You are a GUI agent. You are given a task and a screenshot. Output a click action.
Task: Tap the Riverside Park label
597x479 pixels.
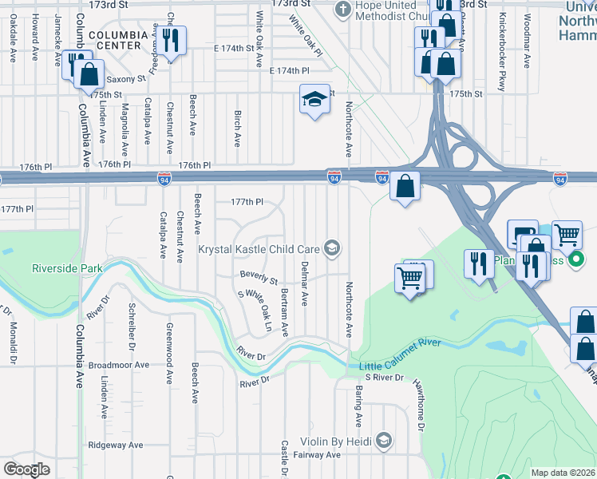pos(67,269)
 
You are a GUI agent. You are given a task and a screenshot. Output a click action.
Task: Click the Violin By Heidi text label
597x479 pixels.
pos(337,441)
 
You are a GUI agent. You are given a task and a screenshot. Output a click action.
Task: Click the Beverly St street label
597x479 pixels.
pos(259,279)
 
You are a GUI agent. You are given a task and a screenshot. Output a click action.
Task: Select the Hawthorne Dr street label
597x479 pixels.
pos(418,405)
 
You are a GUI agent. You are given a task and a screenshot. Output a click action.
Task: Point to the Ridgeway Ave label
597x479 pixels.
pos(116,445)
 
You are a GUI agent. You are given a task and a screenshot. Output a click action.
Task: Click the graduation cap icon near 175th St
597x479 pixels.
pos(314,99)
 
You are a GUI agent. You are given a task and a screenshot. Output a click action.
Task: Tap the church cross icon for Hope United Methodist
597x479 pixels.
pos(343,10)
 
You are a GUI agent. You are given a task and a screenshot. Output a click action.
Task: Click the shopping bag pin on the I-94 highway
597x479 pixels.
pos(405,186)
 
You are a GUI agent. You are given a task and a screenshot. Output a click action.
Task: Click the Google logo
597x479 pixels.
pos(26,469)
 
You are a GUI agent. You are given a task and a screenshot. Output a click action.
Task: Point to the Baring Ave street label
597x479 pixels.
pos(358,406)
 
